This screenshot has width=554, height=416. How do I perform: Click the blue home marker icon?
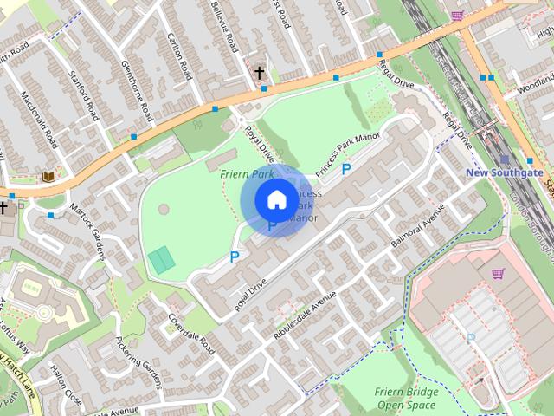tap(275, 200)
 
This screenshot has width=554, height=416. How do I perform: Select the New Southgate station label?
tap(505, 172)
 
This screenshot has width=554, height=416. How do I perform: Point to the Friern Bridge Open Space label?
tap(406, 398)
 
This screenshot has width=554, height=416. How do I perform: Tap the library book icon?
tap(48, 176)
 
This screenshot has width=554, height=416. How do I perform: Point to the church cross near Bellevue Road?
tap(259, 73)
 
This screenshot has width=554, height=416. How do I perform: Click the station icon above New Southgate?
tap(505, 159)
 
